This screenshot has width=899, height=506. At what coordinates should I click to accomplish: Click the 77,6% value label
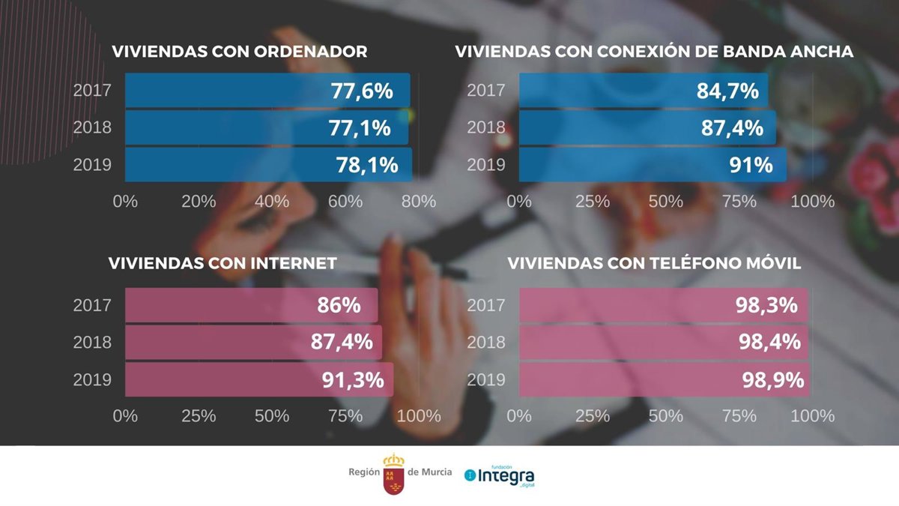361,91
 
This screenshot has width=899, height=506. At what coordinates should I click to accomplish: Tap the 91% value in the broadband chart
752,165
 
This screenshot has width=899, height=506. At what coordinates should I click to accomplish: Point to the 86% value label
339,305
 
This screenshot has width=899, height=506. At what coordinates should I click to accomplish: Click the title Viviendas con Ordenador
240,52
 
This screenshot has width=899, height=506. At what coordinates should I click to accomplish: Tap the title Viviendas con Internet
223,264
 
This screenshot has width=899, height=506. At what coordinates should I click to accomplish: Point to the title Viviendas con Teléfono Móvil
655,264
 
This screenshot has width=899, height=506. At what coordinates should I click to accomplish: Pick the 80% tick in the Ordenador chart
418,202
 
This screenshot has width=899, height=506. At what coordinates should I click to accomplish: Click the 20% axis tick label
199,202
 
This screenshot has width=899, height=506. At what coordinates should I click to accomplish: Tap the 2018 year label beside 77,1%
92,127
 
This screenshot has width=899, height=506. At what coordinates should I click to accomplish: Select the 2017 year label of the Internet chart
92,305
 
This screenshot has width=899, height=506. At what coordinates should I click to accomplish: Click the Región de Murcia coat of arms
393,474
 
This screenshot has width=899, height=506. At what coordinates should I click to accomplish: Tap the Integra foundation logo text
506,475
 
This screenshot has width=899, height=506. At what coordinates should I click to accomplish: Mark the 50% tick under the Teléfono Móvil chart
665,415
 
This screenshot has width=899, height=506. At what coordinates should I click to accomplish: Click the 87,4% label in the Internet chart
342,343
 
